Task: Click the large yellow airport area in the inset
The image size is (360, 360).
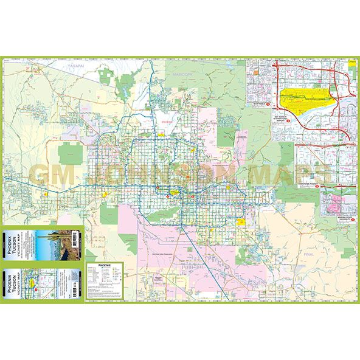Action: (307, 100)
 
